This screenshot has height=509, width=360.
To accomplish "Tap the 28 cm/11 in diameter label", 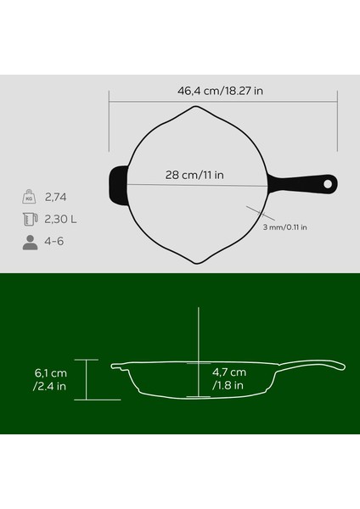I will coord(194,176).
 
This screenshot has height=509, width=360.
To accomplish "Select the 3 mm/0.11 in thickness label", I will coord(284,227).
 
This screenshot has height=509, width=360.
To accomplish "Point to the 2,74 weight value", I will coord(58,198).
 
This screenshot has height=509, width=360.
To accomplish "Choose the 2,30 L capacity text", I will coord(64,220).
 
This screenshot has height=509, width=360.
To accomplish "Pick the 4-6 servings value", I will coord(56,242).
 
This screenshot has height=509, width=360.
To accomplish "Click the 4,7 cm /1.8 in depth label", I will coord(229,379).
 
